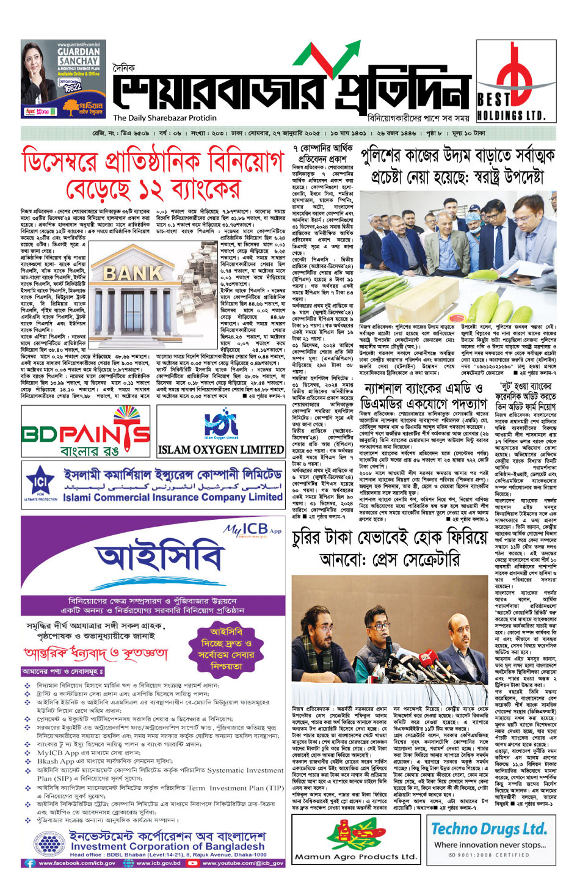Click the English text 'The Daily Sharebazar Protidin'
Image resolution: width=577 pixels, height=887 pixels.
click(x=165, y=118)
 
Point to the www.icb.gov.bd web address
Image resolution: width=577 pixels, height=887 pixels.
click(x=158, y=863)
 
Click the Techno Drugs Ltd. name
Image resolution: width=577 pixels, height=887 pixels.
click(x=488, y=829)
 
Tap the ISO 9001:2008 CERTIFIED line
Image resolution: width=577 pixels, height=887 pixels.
click(x=488, y=854)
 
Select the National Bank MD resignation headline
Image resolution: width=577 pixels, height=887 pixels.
click(x=423, y=396)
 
